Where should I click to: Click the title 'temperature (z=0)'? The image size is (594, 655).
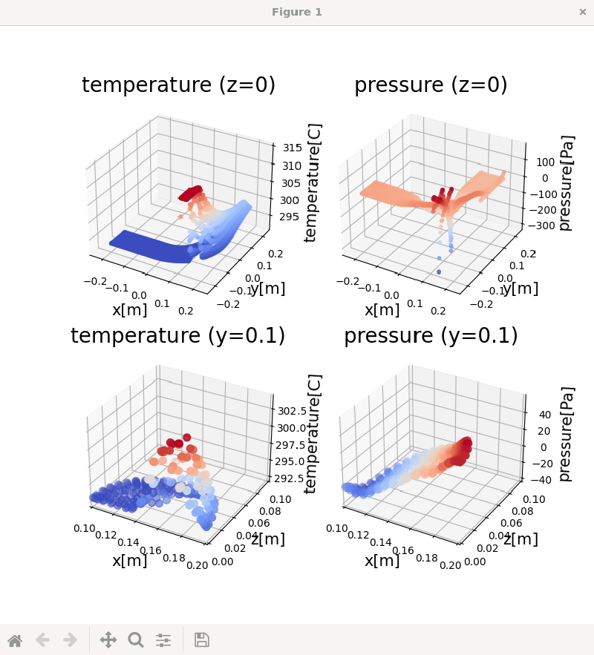[x=178, y=85]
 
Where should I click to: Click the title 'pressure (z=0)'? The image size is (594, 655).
[x=431, y=85]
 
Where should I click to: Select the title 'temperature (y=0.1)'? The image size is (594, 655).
[x=178, y=335]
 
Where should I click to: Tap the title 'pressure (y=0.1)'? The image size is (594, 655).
[x=431, y=335]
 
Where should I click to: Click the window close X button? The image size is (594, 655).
[x=582, y=12]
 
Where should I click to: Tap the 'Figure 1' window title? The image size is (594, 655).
[x=297, y=12]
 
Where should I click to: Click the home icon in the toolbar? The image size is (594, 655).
[x=15, y=639]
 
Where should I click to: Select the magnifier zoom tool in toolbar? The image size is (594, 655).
[x=136, y=639]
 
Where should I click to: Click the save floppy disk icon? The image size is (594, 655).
[x=201, y=639]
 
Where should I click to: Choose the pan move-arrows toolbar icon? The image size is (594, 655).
[x=108, y=639]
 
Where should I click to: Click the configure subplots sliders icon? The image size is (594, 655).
[x=163, y=639]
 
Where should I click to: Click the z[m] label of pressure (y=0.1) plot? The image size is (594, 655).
[x=520, y=539]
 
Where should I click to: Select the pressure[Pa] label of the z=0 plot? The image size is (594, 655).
[x=567, y=182]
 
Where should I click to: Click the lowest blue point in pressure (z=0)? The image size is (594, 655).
[x=438, y=272]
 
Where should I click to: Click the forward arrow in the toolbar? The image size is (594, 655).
[x=70, y=639]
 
